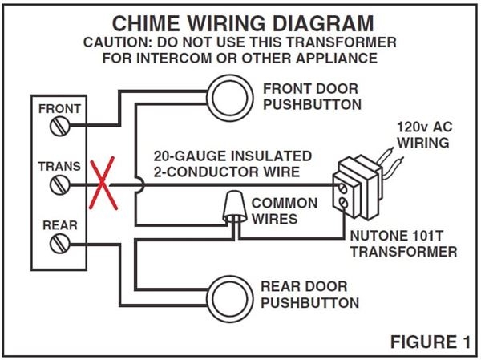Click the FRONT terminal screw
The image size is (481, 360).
(x=58, y=125)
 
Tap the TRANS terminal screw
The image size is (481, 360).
(x=58, y=185)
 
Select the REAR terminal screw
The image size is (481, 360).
(x=58, y=245)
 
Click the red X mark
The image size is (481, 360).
(x=102, y=184)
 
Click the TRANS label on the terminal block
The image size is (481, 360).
(x=59, y=167)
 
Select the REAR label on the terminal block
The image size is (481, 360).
(x=59, y=226)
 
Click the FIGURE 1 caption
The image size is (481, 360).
(x=430, y=342)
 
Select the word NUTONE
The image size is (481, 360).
(x=374, y=237)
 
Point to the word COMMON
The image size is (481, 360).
(x=284, y=203)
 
